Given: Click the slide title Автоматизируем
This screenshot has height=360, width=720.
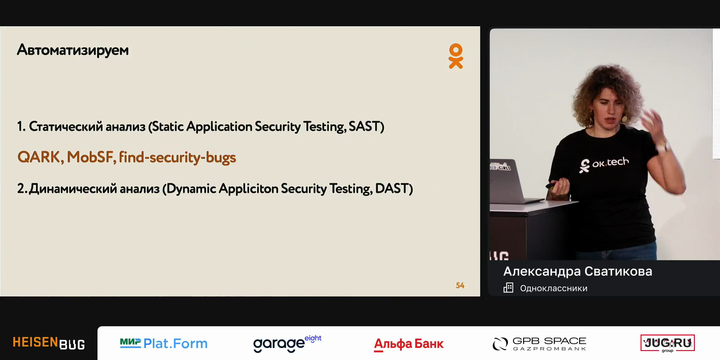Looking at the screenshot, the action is click(73, 50).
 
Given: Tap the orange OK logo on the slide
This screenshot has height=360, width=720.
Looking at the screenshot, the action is click(456, 56).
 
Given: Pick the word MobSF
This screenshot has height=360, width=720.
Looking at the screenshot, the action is click(90, 157).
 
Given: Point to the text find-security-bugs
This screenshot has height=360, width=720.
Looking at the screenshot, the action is click(177, 157).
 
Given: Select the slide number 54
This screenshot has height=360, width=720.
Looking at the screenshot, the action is click(460, 285).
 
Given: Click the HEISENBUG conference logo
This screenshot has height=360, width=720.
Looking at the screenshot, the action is click(49, 343).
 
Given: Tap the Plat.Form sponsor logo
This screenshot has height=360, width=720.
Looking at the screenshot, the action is click(163, 343).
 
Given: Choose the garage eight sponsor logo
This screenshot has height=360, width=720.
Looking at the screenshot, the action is click(287, 343).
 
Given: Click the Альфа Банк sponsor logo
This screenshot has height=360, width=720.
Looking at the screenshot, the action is click(409, 344).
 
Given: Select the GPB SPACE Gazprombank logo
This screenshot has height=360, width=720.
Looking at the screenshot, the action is click(539, 343).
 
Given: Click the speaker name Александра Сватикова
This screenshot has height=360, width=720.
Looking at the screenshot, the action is click(577, 271).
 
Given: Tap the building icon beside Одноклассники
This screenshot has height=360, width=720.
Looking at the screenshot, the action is click(508, 288).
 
